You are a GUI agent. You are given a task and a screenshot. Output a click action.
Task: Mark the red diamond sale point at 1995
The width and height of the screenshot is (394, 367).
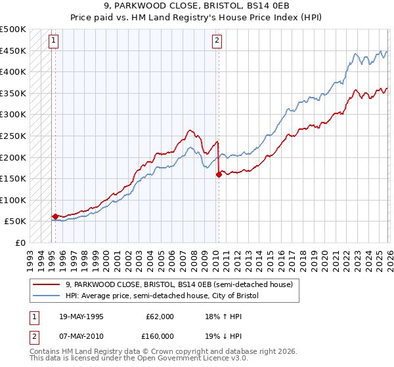coord(55,216)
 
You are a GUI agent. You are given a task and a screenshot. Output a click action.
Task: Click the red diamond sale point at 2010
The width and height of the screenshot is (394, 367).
coord(218,174)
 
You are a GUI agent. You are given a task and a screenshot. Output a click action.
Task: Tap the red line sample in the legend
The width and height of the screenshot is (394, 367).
coord(47,284)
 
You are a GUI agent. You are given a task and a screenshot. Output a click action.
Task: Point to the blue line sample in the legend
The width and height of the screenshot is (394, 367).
coord(47,296)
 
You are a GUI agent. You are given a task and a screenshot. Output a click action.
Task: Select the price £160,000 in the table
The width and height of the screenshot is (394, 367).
coord(161,336)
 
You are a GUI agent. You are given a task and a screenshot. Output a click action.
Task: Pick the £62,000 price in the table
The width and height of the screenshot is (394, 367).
coord(161,317)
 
